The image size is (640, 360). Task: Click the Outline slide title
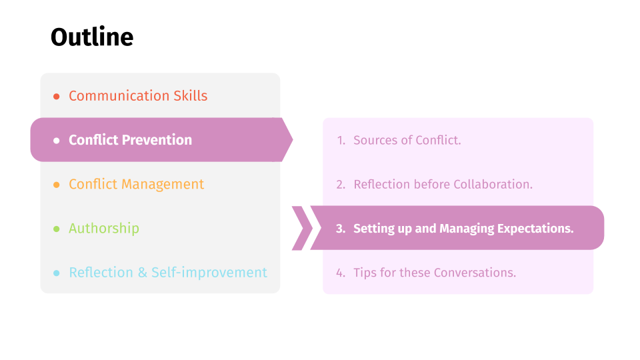(x=92, y=37)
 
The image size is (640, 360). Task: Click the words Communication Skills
(x=138, y=96)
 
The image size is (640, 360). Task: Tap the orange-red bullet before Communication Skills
(x=56, y=96)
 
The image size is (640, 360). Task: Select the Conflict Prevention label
(x=130, y=140)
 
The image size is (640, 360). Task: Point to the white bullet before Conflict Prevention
(x=56, y=141)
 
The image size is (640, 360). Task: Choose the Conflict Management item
(x=136, y=185)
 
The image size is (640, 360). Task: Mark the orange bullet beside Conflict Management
(x=56, y=185)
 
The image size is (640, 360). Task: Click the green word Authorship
(x=104, y=228)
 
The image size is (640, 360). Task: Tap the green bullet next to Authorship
(x=56, y=229)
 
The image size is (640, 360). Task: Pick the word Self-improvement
(x=209, y=272)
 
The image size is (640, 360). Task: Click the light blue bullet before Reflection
(x=56, y=273)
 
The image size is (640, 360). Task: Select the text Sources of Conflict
(x=407, y=140)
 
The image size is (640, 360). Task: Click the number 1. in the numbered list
(x=341, y=141)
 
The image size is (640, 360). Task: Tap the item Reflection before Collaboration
(x=443, y=184)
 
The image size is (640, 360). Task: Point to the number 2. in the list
(x=341, y=185)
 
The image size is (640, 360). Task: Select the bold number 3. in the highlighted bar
(x=341, y=229)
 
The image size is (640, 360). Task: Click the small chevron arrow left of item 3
(x=303, y=228)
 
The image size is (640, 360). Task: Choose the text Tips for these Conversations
(x=435, y=272)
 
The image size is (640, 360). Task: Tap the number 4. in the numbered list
(x=341, y=273)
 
